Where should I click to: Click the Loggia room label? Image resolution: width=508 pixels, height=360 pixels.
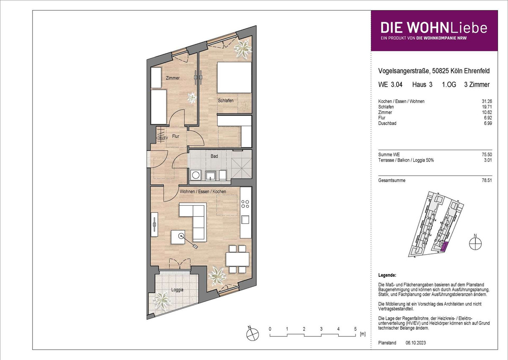177,290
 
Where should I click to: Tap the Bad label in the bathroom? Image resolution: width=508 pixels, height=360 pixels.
214,156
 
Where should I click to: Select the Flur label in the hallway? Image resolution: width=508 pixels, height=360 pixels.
176,136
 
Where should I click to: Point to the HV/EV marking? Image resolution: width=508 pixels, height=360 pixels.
163,138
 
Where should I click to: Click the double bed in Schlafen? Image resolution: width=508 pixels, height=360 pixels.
234,77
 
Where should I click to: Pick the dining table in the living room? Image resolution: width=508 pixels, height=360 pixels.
237,259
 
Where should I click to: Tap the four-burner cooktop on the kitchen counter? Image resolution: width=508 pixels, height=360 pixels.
245,204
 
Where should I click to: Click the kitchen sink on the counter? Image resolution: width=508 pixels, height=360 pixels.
245,220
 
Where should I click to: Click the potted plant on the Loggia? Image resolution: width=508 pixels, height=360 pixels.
161,300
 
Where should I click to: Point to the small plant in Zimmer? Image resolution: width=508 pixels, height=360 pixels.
192,98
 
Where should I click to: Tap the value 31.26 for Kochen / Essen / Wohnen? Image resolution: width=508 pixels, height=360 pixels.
487,101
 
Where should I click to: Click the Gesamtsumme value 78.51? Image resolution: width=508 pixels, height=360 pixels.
487,181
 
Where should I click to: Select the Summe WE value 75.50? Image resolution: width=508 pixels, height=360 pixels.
487,155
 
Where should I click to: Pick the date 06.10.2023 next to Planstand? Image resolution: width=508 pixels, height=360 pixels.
416,343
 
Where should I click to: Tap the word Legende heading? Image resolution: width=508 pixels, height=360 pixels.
387,275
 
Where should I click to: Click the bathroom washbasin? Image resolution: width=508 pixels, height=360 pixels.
210,176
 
